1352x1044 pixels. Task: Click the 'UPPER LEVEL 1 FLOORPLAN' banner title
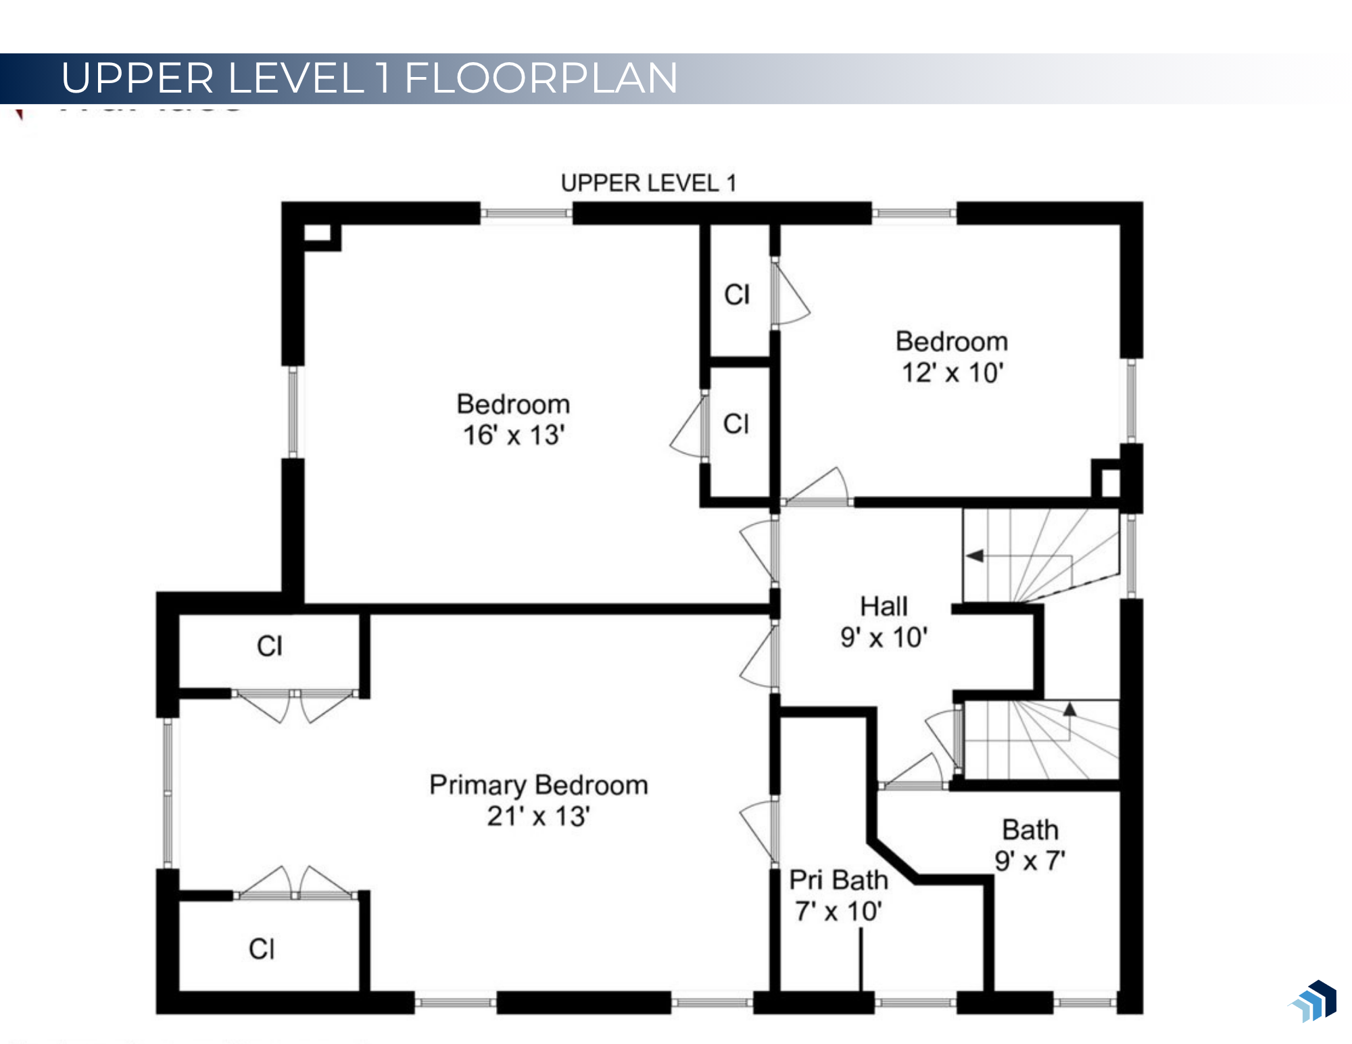coord(369,78)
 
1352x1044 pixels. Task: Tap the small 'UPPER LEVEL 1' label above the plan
coord(648,183)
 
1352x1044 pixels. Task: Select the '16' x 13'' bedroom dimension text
coord(514,435)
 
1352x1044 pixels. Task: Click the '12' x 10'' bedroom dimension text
coord(952,372)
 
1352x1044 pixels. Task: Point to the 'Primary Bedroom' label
coord(539,785)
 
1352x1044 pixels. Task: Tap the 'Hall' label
coord(884,606)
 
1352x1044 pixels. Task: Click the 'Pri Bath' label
coord(838,880)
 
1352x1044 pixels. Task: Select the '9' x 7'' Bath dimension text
coord(1030,861)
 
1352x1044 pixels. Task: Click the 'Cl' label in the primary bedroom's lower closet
coord(262,949)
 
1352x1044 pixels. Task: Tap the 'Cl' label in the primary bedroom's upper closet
coord(270,646)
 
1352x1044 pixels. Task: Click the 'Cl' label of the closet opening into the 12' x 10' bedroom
coord(737,295)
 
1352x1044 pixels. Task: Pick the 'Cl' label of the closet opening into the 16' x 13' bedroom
coord(736,424)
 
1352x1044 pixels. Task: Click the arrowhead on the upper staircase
coord(974,555)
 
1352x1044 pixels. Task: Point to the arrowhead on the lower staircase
coord(1069,710)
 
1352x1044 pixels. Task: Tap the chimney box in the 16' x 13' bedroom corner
coord(317,233)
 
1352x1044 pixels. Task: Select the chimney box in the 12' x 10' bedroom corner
coord(1110,482)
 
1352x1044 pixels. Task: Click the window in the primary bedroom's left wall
coord(168,793)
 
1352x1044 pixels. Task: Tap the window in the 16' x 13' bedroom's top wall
coord(527,214)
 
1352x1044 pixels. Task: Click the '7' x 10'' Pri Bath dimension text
coord(838,912)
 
